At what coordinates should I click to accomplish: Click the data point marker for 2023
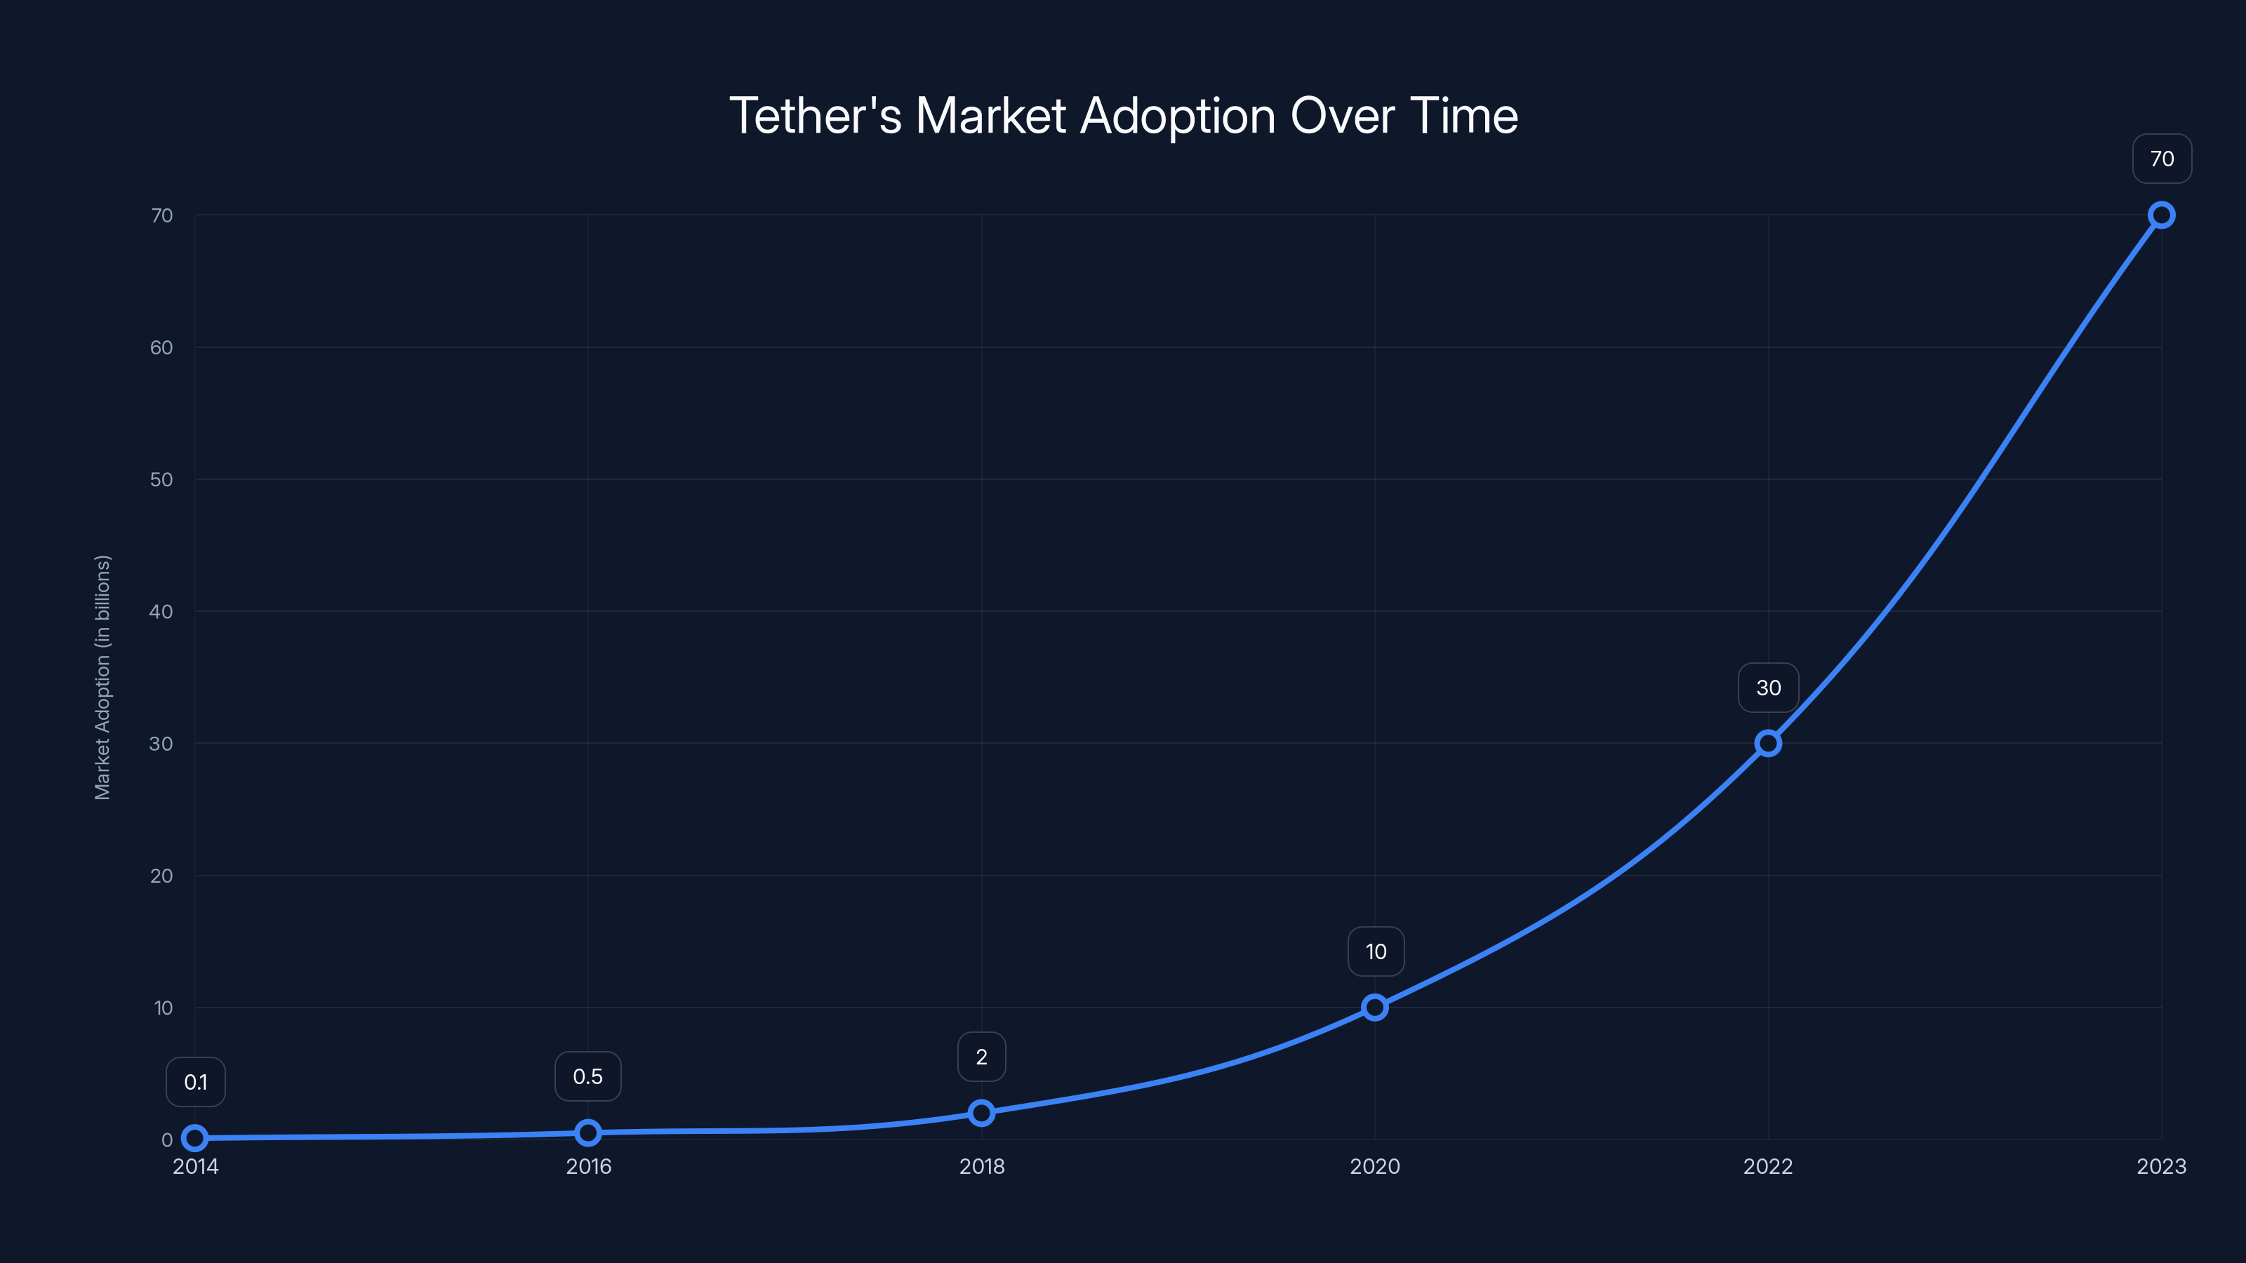(x=2160, y=215)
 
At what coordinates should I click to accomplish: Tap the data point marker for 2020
(x=1374, y=1008)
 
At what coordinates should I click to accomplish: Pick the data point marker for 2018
(x=981, y=1113)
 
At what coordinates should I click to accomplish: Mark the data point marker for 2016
(x=587, y=1132)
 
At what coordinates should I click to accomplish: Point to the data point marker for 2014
(x=194, y=1137)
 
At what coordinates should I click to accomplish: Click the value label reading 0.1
(x=195, y=1083)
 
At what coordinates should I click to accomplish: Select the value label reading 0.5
(x=587, y=1076)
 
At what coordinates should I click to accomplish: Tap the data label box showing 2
(x=981, y=1057)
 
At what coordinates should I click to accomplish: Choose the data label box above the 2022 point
(x=1767, y=688)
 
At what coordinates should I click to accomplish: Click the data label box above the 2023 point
(x=2162, y=159)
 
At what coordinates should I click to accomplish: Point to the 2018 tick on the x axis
(x=982, y=1166)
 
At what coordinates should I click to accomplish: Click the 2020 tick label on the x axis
(x=1374, y=1166)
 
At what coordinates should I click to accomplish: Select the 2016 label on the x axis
(x=589, y=1166)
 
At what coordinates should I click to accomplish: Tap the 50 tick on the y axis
(x=161, y=479)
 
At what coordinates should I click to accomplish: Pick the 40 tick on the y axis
(x=161, y=611)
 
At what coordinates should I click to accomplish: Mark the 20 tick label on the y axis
(x=161, y=875)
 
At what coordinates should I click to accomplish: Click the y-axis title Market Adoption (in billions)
(x=103, y=677)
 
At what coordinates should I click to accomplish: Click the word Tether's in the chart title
(x=814, y=116)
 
